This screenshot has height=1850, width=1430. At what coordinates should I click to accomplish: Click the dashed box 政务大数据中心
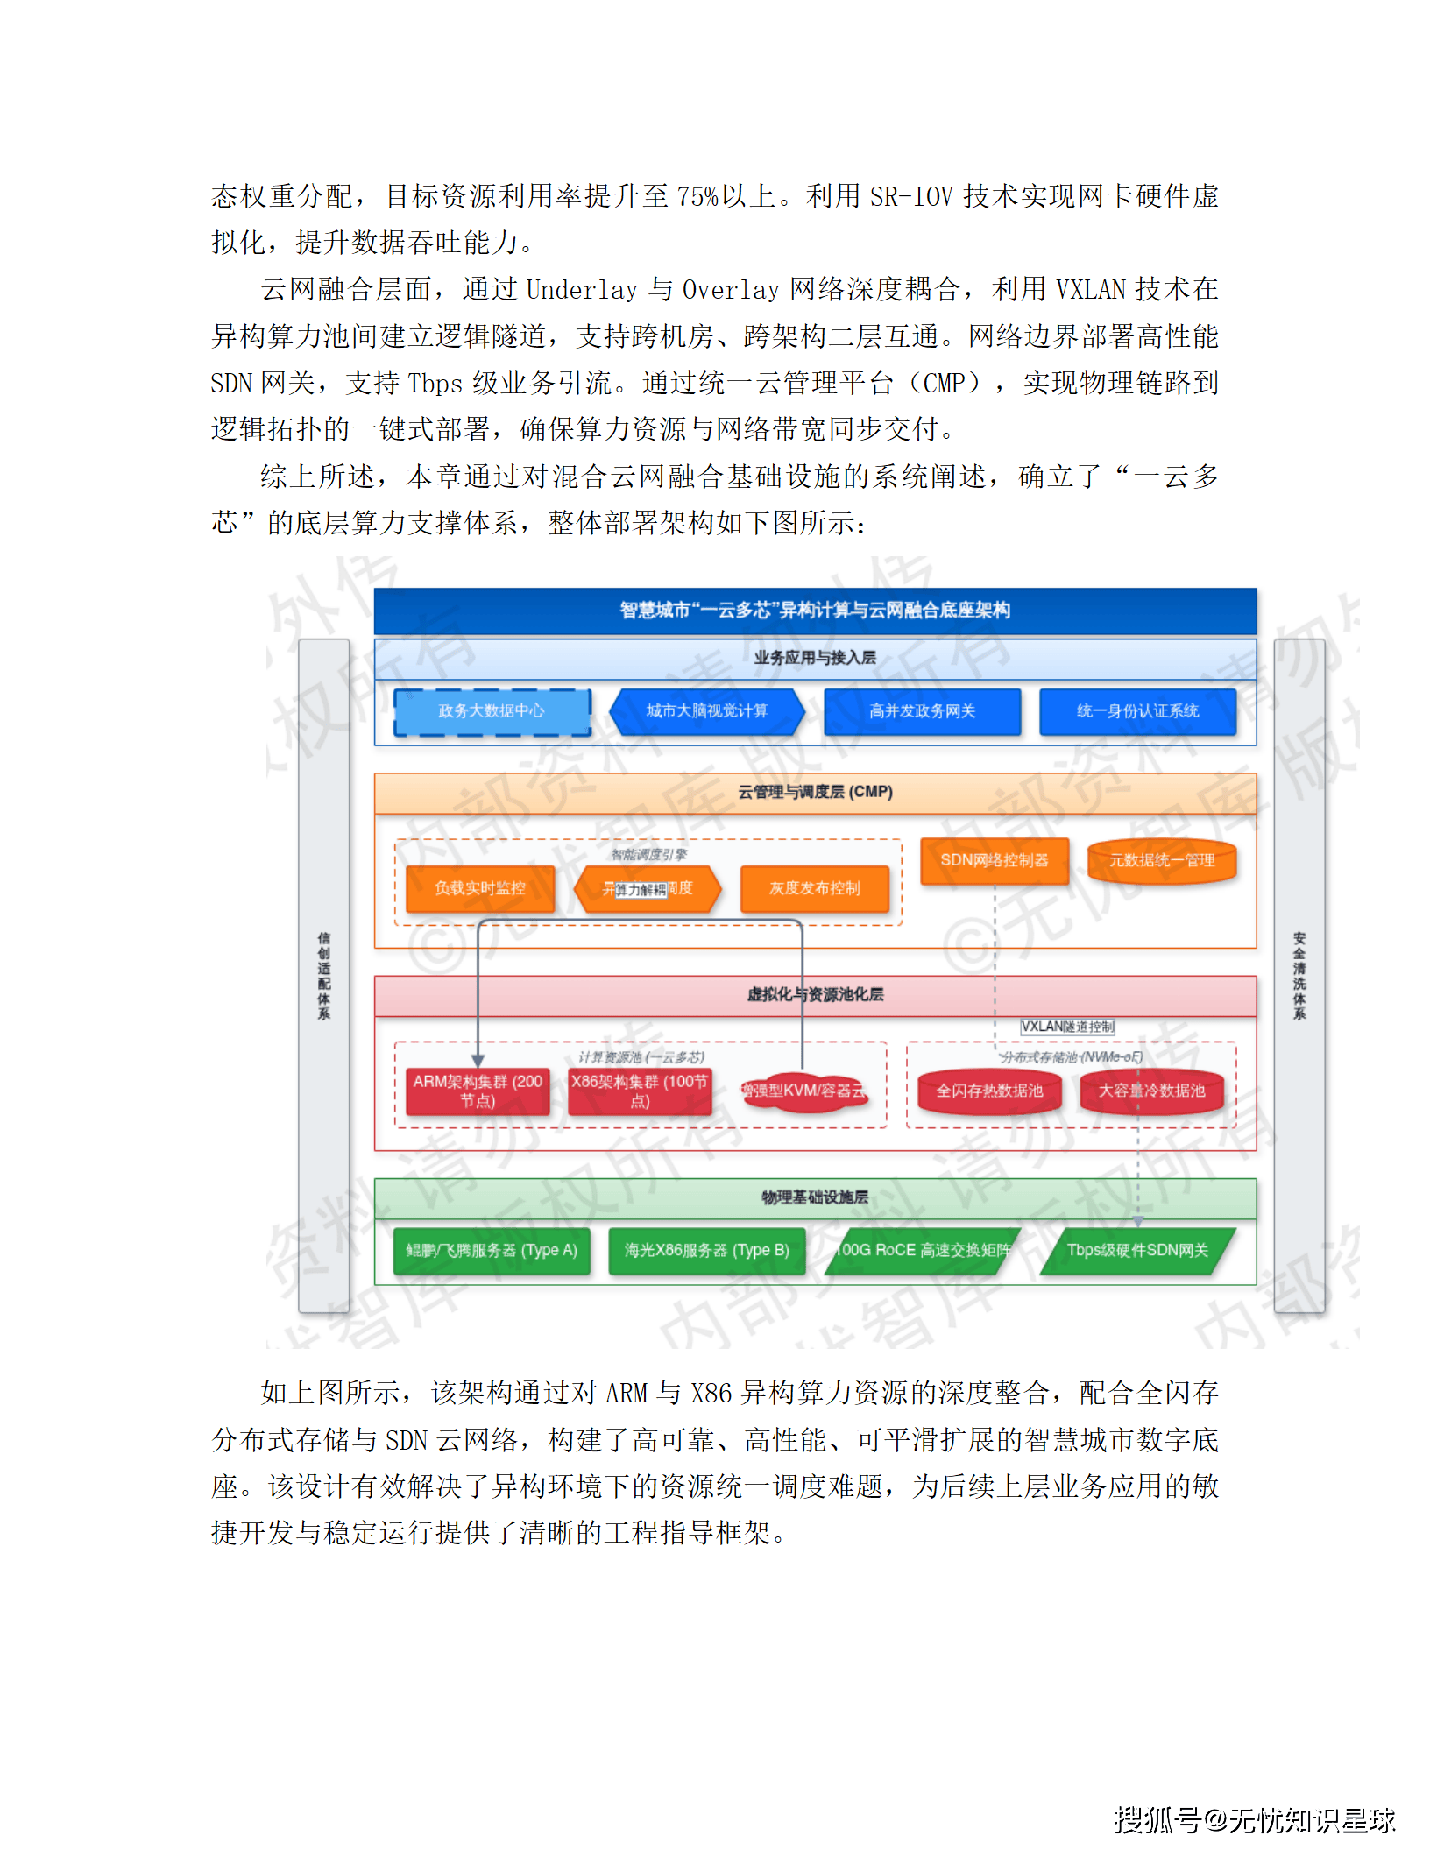tap(492, 711)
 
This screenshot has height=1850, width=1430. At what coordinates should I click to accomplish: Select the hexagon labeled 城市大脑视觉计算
tap(706, 711)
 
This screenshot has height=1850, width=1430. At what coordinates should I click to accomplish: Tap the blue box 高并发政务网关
tap(922, 711)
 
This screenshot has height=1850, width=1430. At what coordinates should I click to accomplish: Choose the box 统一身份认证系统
tap(1137, 711)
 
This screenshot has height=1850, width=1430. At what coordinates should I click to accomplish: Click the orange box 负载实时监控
tap(480, 888)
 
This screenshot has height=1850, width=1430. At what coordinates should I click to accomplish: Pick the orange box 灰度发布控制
tap(814, 888)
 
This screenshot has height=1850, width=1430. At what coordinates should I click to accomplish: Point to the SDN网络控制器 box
tap(995, 860)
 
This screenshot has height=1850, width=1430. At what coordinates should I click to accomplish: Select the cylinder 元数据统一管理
tap(1162, 860)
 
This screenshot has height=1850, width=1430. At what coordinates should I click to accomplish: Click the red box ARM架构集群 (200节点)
tap(478, 1091)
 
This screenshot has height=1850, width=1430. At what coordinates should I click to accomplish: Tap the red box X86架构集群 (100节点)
tap(640, 1091)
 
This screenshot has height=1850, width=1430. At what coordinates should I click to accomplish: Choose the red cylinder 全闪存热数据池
tap(989, 1091)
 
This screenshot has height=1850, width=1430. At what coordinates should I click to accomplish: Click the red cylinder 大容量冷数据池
tap(1151, 1091)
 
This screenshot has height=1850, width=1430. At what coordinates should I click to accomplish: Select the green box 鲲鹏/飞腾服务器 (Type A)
tap(492, 1250)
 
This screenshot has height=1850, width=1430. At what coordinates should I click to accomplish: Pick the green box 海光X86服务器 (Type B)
tap(706, 1250)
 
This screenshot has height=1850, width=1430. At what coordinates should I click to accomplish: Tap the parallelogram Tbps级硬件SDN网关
tap(1137, 1250)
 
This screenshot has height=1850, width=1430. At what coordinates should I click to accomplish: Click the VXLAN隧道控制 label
tap(1067, 1027)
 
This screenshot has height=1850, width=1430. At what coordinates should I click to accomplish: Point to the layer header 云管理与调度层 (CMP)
tap(815, 792)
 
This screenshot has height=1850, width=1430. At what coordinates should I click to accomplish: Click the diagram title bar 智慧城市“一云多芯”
tap(815, 610)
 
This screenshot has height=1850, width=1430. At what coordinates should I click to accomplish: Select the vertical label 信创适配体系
tap(324, 975)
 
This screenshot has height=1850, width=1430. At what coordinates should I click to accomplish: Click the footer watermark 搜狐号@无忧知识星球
tap(1254, 1819)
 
